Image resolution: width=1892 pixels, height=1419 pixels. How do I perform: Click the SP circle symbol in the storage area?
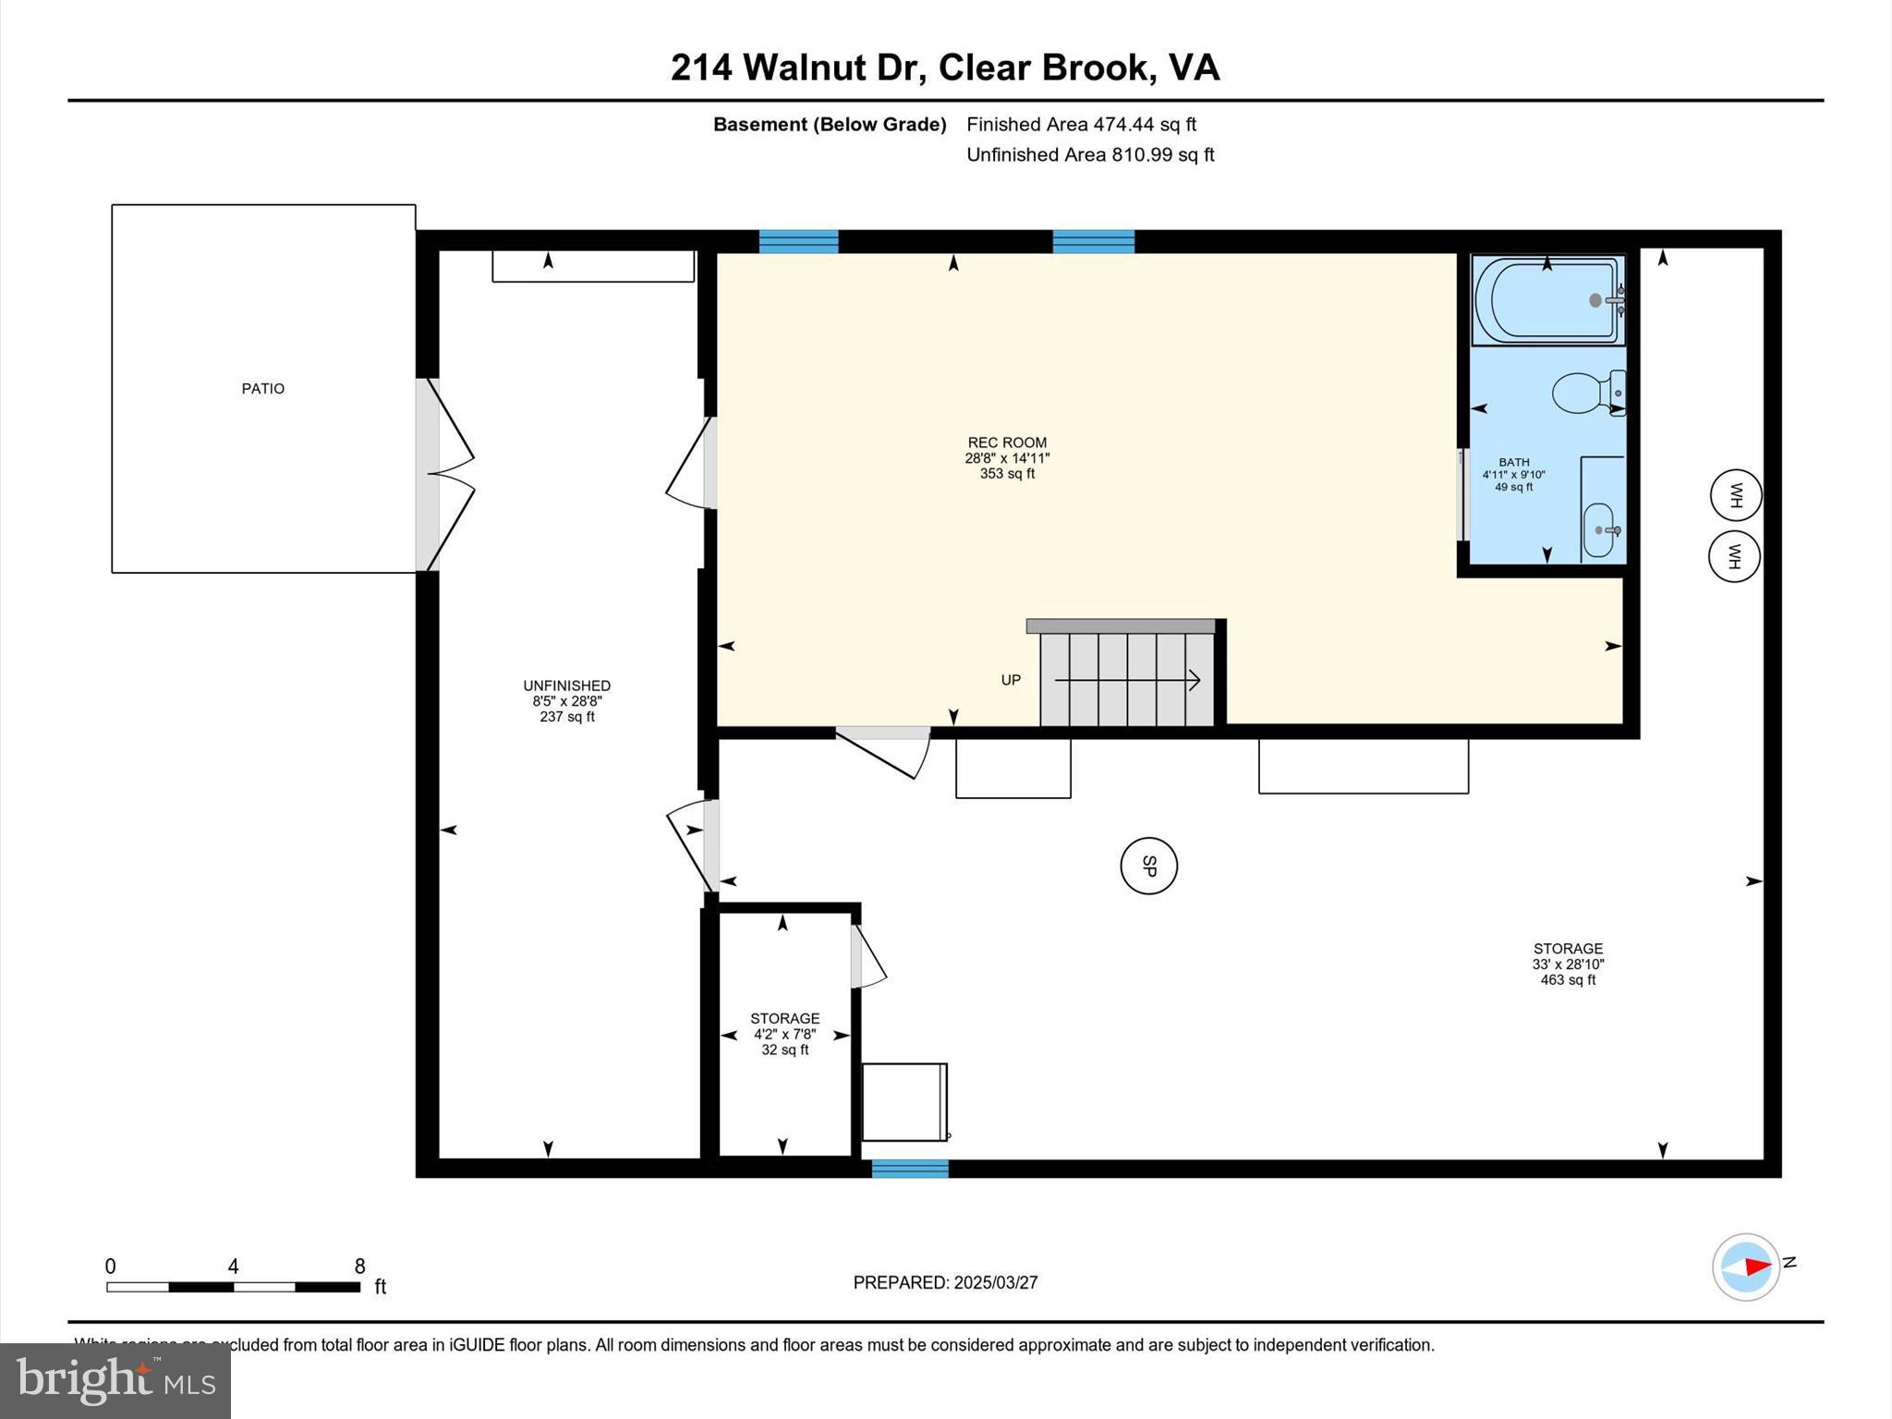1148,866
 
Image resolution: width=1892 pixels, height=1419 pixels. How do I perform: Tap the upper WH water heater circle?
1735,495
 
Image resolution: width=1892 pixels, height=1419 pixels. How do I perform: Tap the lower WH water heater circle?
1734,556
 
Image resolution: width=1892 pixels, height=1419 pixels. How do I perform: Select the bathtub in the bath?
1547,300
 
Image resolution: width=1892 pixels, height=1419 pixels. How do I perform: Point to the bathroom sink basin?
1599,530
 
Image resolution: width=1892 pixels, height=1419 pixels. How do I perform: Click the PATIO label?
263,389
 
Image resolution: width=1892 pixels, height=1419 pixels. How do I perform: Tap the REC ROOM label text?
1007,443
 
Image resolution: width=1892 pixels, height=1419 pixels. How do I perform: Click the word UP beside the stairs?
1011,680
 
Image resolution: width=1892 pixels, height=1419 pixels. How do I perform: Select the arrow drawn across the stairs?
1127,681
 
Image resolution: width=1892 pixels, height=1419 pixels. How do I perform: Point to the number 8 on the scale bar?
359,1267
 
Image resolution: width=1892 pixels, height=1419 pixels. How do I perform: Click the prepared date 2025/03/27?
996,1282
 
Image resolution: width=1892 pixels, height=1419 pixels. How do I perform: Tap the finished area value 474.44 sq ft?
1144,124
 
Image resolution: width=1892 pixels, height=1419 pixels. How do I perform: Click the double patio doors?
447,475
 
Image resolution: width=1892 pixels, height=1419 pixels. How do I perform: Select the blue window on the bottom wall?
910,1169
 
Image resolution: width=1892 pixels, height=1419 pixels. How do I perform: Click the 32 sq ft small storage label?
784,1049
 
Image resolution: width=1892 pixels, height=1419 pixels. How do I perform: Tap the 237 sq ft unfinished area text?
566,716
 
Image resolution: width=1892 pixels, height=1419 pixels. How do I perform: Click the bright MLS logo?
115,1380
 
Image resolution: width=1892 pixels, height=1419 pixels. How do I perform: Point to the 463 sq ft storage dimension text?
1567,979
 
